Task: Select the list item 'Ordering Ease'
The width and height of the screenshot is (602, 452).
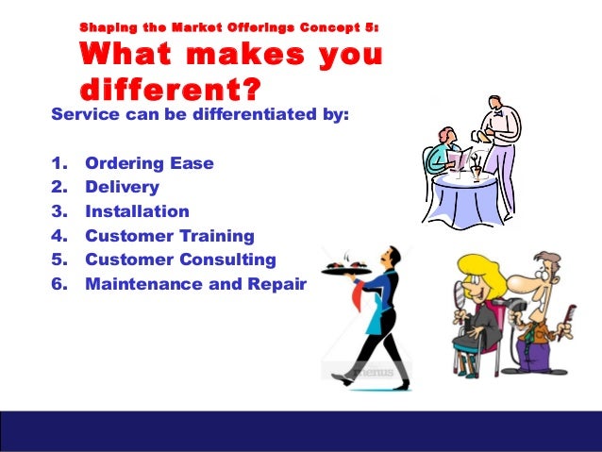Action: (149, 163)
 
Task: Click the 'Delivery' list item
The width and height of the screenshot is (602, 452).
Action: (122, 187)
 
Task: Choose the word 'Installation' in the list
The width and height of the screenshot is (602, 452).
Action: (137, 211)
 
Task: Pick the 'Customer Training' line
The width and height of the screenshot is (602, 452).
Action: (169, 236)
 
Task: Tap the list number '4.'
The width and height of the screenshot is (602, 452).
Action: (59, 236)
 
